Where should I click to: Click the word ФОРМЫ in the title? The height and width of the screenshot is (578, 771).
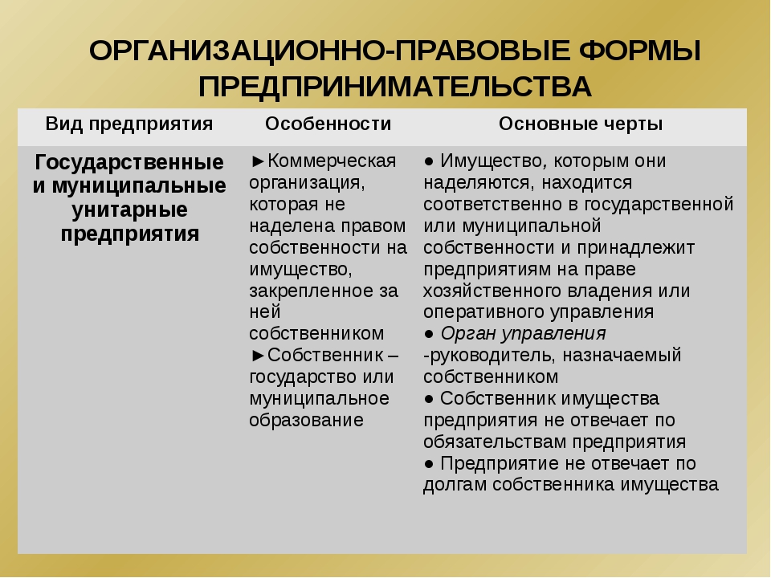click(x=639, y=51)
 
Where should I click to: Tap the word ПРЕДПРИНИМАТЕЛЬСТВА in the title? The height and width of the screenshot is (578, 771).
click(x=395, y=88)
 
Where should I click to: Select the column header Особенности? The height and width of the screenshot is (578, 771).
click(x=328, y=124)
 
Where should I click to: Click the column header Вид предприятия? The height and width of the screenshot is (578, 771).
click(x=129, y=124)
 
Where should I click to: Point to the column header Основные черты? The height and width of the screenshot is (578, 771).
click(x=581, y=124)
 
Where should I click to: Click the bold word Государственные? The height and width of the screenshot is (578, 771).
click(x=129, y=163)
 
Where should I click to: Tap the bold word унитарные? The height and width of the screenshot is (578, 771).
click(x=130, y=210)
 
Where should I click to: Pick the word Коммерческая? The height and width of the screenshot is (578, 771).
click(x=332, y=161)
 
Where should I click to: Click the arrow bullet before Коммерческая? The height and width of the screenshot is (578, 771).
click(x=258, y=161)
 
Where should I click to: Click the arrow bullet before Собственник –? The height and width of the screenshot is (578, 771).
click(x=258, y=355)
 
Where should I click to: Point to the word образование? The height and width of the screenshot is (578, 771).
click(x=306, y=421)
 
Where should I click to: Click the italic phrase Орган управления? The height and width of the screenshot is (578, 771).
click(x=523, y=334)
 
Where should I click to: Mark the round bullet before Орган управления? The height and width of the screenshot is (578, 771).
click(x=429, y=334)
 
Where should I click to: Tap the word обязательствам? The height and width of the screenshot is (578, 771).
click(x=495, y=442)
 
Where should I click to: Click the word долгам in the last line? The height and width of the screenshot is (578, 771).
click(x=455, y=486)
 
